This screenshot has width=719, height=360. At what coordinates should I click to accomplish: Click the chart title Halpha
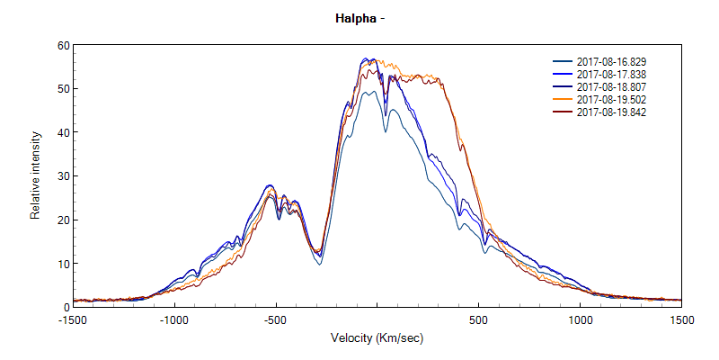tap(359, 17)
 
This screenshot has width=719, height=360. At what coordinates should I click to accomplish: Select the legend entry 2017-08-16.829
tap(611, 61)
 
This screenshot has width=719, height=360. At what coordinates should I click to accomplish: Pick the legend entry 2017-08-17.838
tap(611, 74)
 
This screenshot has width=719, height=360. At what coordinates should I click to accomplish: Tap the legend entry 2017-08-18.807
tap(611, 86)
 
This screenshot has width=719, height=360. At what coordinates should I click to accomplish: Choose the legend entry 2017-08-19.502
tap(611, 99)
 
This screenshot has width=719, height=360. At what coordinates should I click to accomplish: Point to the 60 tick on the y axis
tap(63, 45)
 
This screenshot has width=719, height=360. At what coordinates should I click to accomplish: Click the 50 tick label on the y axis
tap(63, 89)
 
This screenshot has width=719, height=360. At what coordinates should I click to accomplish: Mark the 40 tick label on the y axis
tap(63, 132)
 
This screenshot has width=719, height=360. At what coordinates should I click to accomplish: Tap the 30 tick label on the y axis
tap(63, 176)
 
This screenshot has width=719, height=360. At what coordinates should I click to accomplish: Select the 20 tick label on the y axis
tap(63, 220)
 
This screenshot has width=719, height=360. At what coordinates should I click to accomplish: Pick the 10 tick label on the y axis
tap(63, 264)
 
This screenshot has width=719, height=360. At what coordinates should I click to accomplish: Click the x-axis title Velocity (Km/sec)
tap(377, 337)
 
